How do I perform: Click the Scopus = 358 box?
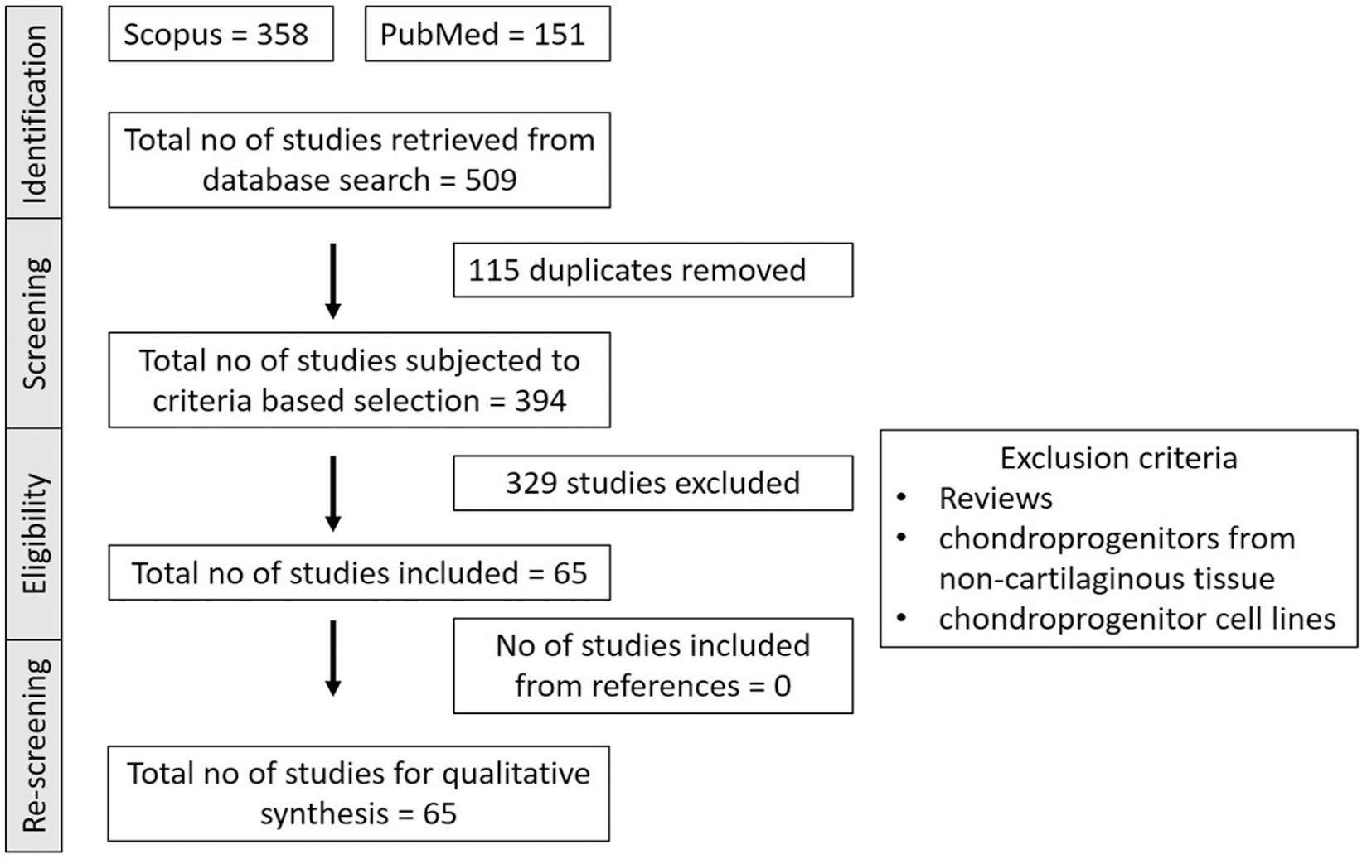[221, 34]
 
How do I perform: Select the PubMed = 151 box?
[487, 34]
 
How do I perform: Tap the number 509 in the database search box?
[491, 181]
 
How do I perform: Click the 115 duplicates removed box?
[653, 270]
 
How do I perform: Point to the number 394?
[540, 401]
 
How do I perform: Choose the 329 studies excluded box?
[653, 484]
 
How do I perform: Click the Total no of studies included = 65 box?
[359, 573]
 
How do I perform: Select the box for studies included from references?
[653, 666]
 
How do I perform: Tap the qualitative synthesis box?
[359, 794]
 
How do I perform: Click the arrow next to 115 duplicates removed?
[332, 282]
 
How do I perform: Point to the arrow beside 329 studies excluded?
[332, 494]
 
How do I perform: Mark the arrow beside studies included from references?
[332, 658]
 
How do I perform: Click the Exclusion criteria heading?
[1119, 458]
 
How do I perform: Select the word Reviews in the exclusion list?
[996, 499]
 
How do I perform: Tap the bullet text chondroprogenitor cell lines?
[1137, 619]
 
